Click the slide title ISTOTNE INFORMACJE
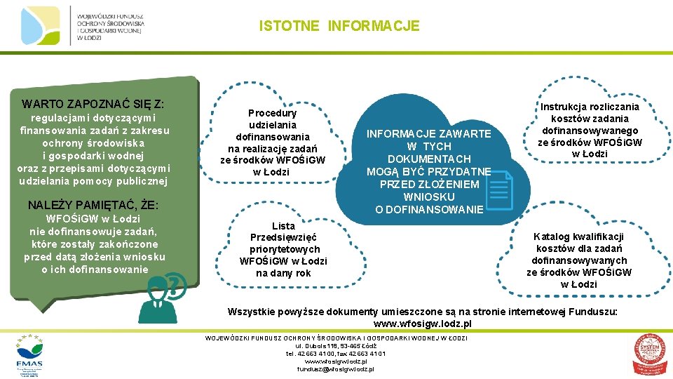(339, 27)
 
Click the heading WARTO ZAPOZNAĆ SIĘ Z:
(93, 104)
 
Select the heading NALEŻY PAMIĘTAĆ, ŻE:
(93, 206)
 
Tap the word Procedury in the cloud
(272, 113)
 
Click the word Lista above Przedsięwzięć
(283, 226)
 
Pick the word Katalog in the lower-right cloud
(554, 237)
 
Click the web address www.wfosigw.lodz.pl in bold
(422, 324)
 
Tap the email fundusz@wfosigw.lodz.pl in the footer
(336, 369)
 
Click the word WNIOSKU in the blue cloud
(428, 197)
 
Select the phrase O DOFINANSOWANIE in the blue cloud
(428, 209)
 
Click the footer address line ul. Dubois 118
(336, 346)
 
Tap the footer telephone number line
(336, 354)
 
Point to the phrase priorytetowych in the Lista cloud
(284, 249)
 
